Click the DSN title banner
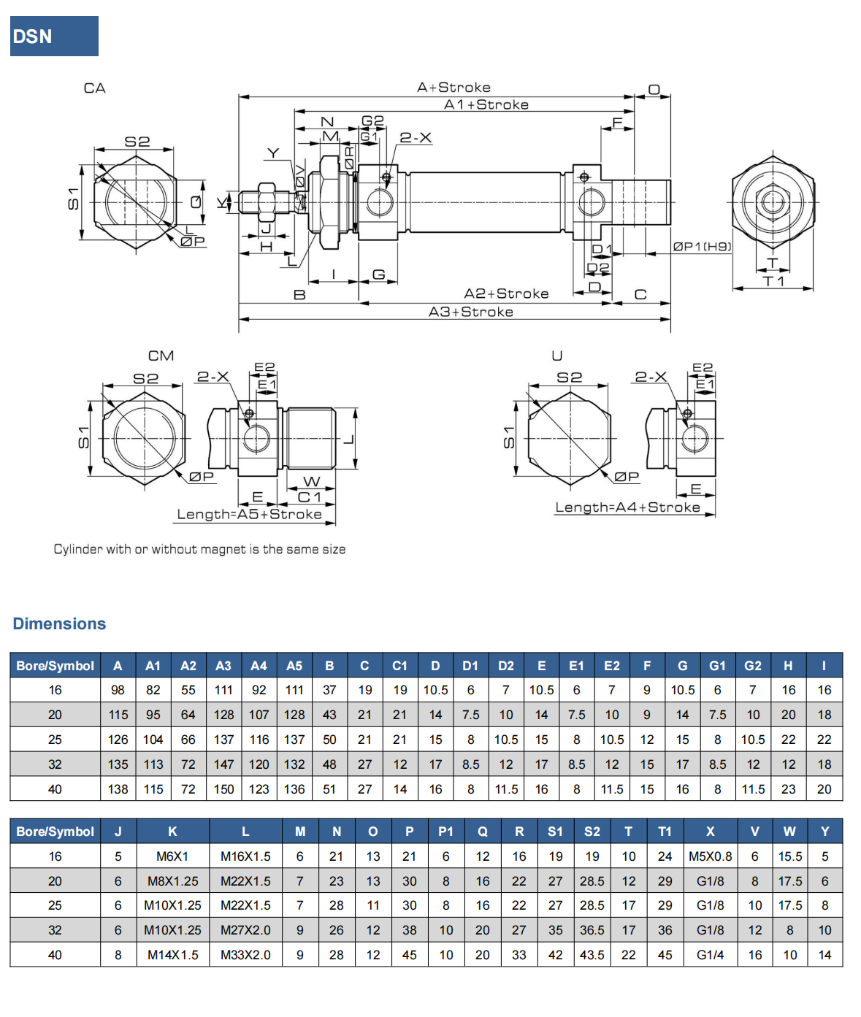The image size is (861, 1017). point(54,37)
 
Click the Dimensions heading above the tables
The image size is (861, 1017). point(59,623)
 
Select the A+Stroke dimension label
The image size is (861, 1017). point(454,88)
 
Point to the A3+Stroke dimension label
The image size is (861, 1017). point(470,312)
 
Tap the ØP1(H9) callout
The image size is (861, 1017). point(701,247)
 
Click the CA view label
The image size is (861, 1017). point(95,88)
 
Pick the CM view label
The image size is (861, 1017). point(161,356)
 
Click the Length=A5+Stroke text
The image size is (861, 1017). point(249,514)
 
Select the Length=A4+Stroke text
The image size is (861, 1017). point(627,507)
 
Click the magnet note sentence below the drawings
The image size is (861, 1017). point(199,549)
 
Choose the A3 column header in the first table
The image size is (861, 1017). point(223,666)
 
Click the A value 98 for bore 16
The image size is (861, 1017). point(118,690)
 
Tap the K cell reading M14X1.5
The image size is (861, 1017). point(172,955)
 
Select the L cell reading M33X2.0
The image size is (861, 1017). point(245,955)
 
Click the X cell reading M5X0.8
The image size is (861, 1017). point(710,856)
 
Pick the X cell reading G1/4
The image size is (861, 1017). point(710,955)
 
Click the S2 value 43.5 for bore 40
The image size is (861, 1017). point(592,955)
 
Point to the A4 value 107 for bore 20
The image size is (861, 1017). point(259,715)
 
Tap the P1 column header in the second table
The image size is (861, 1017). point(445,832)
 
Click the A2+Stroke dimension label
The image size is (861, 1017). point(506,293)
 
